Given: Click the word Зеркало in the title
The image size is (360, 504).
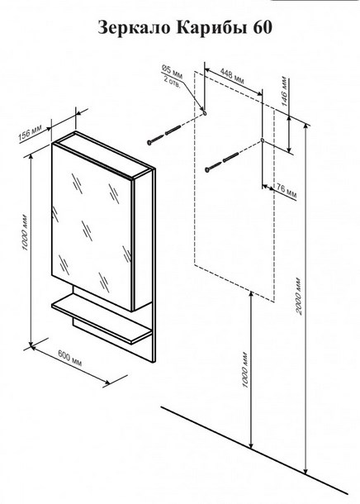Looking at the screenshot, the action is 135,27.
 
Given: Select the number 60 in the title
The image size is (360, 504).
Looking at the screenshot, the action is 263,27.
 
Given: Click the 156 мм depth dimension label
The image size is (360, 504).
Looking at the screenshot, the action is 31,132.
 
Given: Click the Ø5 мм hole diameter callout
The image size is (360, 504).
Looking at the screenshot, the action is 172,72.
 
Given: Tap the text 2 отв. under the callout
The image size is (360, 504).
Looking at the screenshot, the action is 172,83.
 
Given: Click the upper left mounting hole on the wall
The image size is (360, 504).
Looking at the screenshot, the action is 205,113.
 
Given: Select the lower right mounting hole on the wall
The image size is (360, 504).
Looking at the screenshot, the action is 262,140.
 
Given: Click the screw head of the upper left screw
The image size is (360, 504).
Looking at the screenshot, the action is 150,142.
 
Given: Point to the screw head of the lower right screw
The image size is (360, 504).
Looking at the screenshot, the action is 207,169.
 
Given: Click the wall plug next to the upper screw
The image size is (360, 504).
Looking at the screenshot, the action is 173,131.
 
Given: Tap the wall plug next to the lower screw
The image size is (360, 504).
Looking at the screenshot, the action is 230,157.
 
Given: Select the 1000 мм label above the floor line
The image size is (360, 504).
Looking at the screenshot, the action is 245,371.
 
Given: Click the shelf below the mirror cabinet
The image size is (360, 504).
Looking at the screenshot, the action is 102,323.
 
